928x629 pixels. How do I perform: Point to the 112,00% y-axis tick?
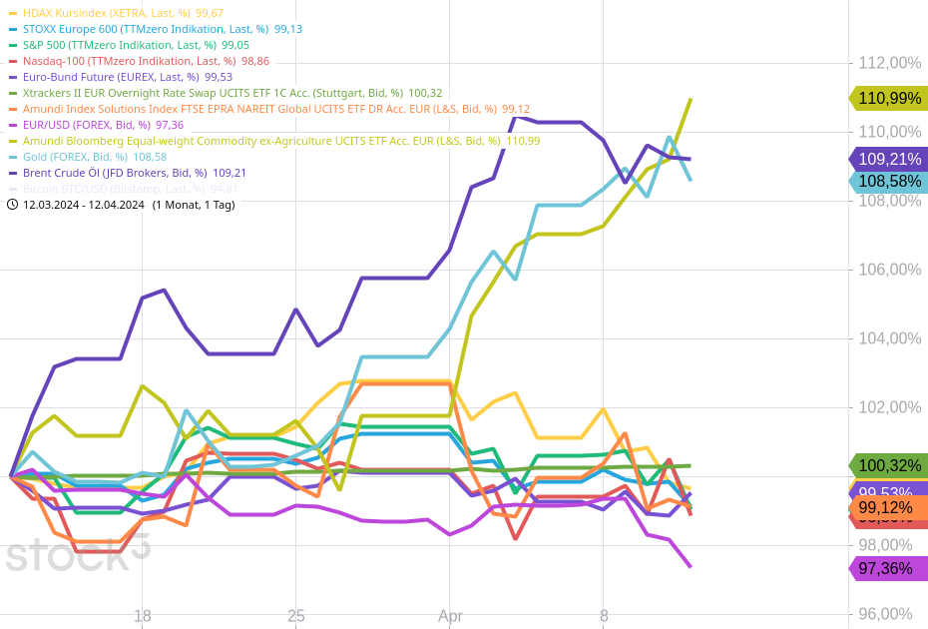coord(890,63)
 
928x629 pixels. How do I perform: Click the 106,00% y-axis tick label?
coord(890,270)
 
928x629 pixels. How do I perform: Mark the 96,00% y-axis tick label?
coord(890,614)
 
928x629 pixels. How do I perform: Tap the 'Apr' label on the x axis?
coord(450,616)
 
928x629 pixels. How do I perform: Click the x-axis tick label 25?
coord(295,616)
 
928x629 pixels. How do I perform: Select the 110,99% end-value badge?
coord(888,98)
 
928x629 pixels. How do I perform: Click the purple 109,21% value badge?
coord(888,159)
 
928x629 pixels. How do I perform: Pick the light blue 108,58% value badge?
coord(888,182)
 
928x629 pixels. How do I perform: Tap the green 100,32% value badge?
coord(888,465)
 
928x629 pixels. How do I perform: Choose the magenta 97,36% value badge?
coord(888,568)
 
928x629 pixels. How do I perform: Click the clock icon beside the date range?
coord(12,205)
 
